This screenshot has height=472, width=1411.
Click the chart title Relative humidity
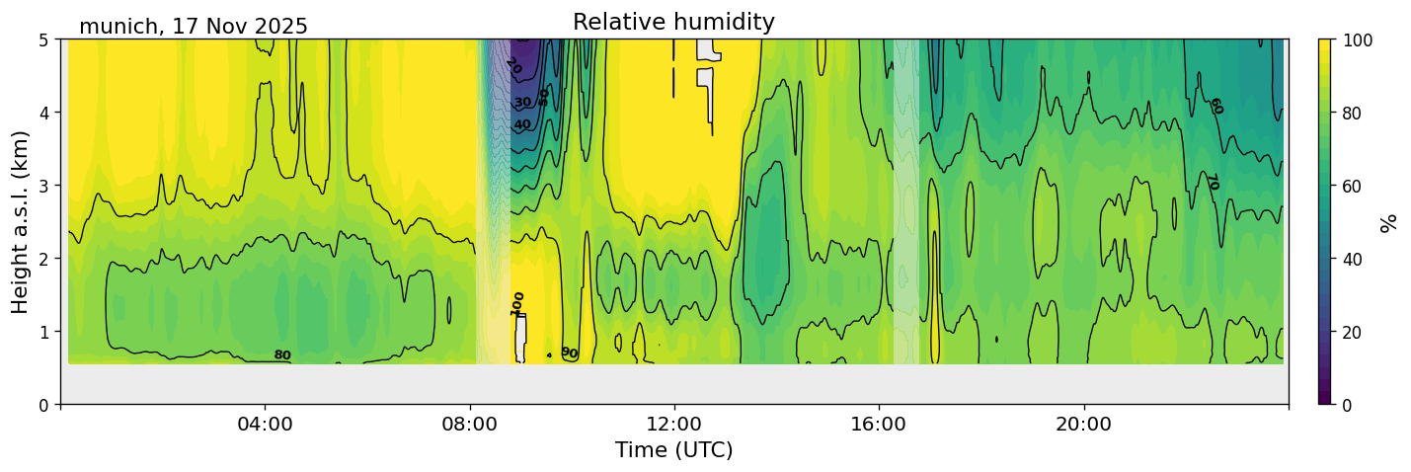[673, 22]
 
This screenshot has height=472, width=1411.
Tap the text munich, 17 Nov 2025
[194, 27]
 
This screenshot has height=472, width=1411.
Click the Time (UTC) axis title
[673, 450]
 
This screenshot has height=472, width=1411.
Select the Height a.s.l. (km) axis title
[21, 221]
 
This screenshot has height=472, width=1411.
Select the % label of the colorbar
[1389, 222]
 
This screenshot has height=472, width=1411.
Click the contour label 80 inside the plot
[282, 355]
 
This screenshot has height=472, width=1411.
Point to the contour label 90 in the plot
[570, 353]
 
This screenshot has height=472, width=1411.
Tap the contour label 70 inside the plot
[1212, 182]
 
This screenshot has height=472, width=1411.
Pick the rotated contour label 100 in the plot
[517, 303]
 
